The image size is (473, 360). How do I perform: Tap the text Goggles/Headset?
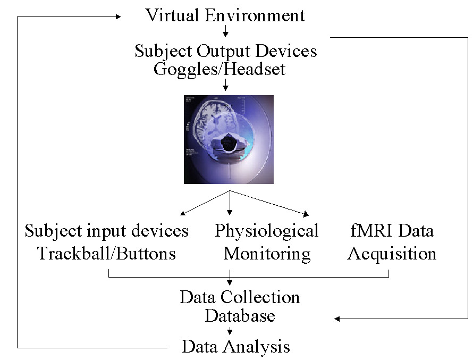[219, 69]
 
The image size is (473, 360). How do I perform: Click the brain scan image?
[229, 139]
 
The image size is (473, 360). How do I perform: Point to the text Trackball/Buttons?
[106, 253]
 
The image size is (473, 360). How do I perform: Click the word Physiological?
[267, 231]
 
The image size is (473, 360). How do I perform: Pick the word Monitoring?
[267, 253]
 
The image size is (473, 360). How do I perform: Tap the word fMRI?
[366, 231]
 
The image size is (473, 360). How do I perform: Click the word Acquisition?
[392, 253]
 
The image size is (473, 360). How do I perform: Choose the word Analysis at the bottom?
[257, 347]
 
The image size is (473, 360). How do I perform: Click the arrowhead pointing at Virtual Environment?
[119, 17]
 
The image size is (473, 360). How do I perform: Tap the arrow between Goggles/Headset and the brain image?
[226, 85]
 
